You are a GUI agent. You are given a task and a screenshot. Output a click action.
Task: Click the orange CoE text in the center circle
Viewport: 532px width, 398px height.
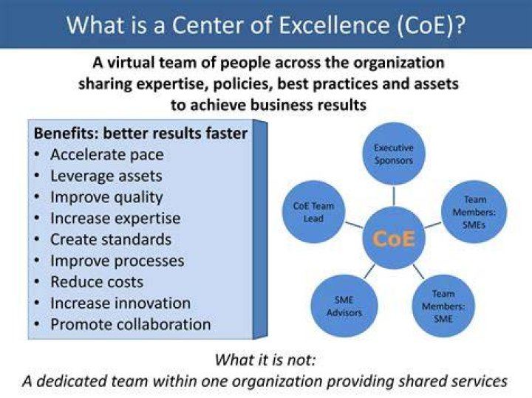(x=394, y=239)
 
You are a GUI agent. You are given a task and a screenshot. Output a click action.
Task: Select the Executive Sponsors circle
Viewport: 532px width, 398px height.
(x=394, y=154)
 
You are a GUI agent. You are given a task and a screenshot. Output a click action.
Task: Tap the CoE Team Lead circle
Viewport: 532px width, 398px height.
(x=313, y=211)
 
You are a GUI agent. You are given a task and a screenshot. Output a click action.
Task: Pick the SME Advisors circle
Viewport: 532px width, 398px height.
(x=344, y=306)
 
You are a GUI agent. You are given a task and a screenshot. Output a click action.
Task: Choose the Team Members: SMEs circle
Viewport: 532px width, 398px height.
(x=474, y=211)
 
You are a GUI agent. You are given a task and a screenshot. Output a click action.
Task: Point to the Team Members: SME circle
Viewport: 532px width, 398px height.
(x=443, y=306)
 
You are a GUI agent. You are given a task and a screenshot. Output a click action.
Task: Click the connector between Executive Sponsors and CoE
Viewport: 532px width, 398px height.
(x=394, y=196)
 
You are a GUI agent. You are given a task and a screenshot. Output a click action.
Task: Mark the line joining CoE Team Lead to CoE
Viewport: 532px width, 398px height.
(x=354, y=225)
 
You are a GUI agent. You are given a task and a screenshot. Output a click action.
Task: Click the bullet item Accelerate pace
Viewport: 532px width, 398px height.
(x=107, y=155)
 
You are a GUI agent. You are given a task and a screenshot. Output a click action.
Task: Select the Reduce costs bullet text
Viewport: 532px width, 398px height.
(x=97, y=282)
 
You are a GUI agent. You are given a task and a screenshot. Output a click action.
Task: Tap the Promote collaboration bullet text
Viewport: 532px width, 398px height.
(x=131, y=324)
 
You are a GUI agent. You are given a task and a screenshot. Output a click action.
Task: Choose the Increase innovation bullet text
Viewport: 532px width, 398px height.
(x=120, y=303)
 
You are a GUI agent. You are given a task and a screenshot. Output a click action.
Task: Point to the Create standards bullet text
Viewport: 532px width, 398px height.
(x=111, y=239)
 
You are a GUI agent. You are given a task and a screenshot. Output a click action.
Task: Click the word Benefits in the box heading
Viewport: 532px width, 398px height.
(x=66, y=133)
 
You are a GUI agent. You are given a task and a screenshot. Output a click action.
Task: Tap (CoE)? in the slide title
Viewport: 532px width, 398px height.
(x=431, y=26)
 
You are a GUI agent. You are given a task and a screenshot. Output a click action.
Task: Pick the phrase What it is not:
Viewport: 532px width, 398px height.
(x=265, y=360)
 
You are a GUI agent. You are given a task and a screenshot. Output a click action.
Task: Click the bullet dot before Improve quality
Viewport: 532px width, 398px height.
(x=38, y=197)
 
